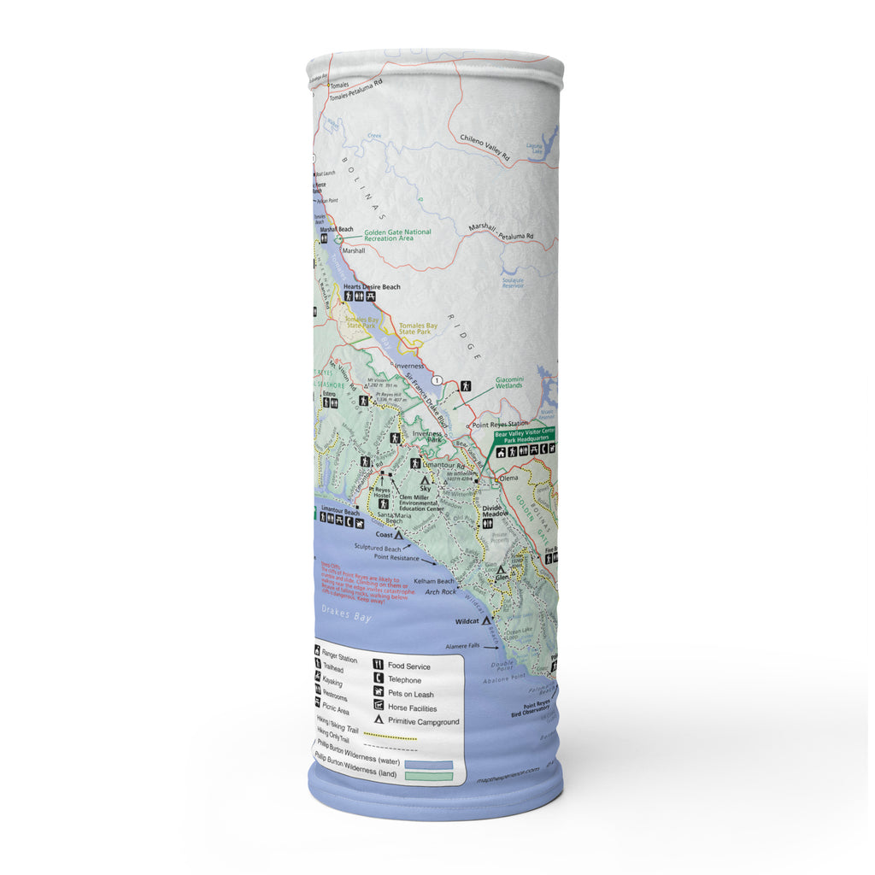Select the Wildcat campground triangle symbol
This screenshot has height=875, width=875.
pyautogui.click(x=487, y=621)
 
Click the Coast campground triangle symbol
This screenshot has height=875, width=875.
pyautogui.click(x=398, y=534)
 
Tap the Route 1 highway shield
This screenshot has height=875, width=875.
pyautogui.click(x=437, y=379)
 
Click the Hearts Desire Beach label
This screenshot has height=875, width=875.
pyautogui.click(x=372, y=287)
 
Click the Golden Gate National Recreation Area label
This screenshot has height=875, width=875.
pyautogui.click(x=398, y=235)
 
